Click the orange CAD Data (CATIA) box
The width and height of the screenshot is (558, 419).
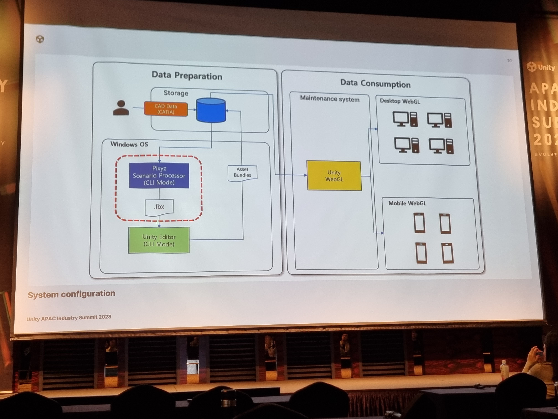[x=166, y=109]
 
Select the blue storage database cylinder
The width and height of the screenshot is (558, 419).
[x=211, y=110]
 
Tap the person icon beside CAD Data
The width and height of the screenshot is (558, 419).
[x=121, y=108]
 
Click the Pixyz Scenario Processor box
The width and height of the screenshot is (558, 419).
[x=159, y=175]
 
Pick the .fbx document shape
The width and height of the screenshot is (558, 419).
[x=159, y=207]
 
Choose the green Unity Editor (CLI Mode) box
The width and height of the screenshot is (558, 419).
[x=159, y=240]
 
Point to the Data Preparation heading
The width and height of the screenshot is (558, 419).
[x=187, y=76]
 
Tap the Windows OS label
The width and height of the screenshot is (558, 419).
[x=129, y=144]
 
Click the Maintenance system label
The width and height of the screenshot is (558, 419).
[x=330, y=99]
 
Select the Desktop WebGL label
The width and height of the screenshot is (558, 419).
[x=400, y=101]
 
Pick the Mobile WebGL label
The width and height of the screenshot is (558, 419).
[x=407, y=203]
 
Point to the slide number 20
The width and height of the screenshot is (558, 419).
[x=509, y=61]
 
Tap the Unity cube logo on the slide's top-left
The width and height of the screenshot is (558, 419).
[x=40, y=39]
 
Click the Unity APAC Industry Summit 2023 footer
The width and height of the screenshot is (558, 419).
[x=69, y=318]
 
